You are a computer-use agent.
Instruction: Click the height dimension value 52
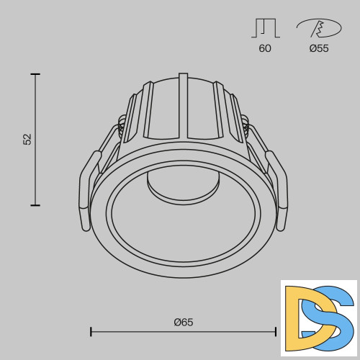pyautogui.click(x=27, y=139)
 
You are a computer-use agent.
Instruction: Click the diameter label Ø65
pyautogui.click(x=184, y=322)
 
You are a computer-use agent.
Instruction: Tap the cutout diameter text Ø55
pyautogui.click(x=318, y=49)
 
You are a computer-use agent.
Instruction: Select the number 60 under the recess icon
pyautogui.click(x=264, y=49)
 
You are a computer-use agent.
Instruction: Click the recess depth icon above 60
pyautogui.click(x=264, y=29)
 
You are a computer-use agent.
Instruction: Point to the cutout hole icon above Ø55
pyautogui.click(x=318, y=29)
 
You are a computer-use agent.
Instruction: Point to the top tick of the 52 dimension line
pyautogui.click(x=35, y=74)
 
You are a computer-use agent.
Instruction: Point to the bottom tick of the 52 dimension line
pyautogui.click(x=35, y=205)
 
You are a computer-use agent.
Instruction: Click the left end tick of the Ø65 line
pyautogui.click(x=91, y=331)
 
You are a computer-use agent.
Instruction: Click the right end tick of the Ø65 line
pyautogui.click(x=276, y=331)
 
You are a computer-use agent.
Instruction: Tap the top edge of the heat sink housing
pyautogui.click(x=184, y=76)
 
